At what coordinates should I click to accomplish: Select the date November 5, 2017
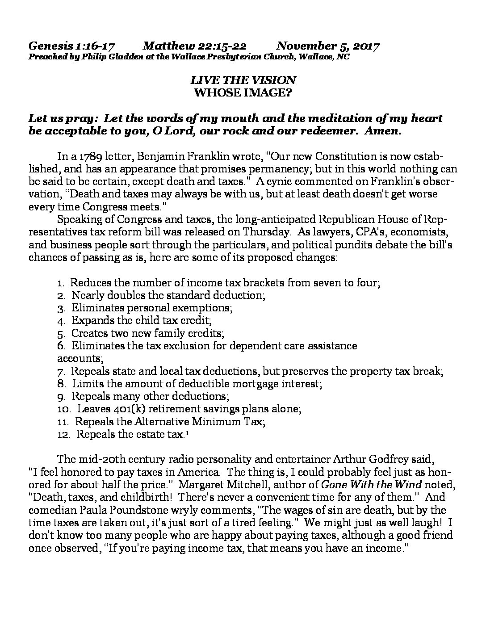pyautogui.click(x=328, y=46)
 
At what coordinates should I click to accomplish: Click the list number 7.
pyautogui.click(x=62, y=371)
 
